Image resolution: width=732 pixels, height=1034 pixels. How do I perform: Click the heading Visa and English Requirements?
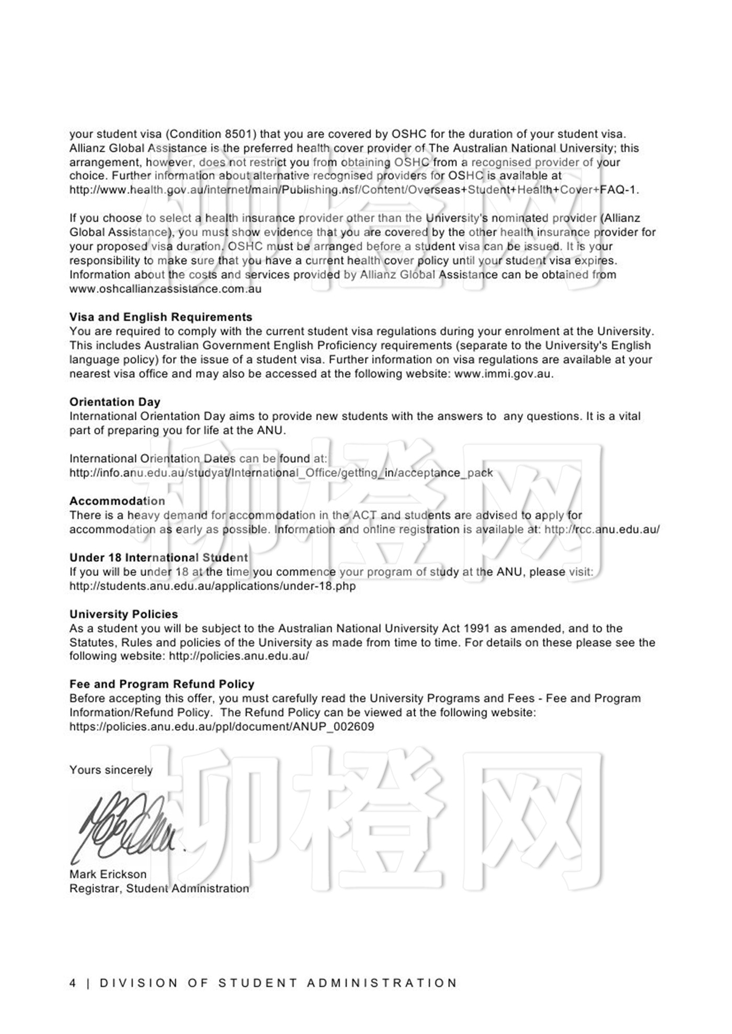[x=161, y=317]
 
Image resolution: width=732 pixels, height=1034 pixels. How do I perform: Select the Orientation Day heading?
[x=115, y=402]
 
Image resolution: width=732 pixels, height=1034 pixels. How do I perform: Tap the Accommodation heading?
[x=117, y=501]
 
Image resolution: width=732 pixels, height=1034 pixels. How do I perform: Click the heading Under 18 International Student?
[x=158, y=557]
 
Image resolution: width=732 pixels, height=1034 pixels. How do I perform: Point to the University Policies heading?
[x=123, y=614]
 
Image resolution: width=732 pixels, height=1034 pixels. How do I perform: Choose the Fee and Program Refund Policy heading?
[x=162, y=684]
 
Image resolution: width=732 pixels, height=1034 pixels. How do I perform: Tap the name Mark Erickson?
[x=108, y=874]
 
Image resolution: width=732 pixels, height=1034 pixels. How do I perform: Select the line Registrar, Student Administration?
[x=159, y=888]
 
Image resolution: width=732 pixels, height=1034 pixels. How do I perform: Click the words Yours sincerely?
[x=111, y=770]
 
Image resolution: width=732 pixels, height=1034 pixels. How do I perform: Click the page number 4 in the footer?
[x=73, y=983]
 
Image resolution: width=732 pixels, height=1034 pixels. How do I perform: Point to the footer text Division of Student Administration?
[x=278, y=983]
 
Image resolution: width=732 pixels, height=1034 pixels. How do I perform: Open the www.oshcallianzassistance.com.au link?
[x=165, y=289]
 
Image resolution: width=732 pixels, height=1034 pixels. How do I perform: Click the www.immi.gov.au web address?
[x=502, y=374]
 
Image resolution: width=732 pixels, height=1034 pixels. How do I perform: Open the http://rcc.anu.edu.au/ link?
[x=601, y=529]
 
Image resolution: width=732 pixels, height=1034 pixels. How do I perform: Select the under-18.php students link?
[x=212, y=586]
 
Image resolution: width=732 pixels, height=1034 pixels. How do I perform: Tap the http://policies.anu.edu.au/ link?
[x=238, y=656]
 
